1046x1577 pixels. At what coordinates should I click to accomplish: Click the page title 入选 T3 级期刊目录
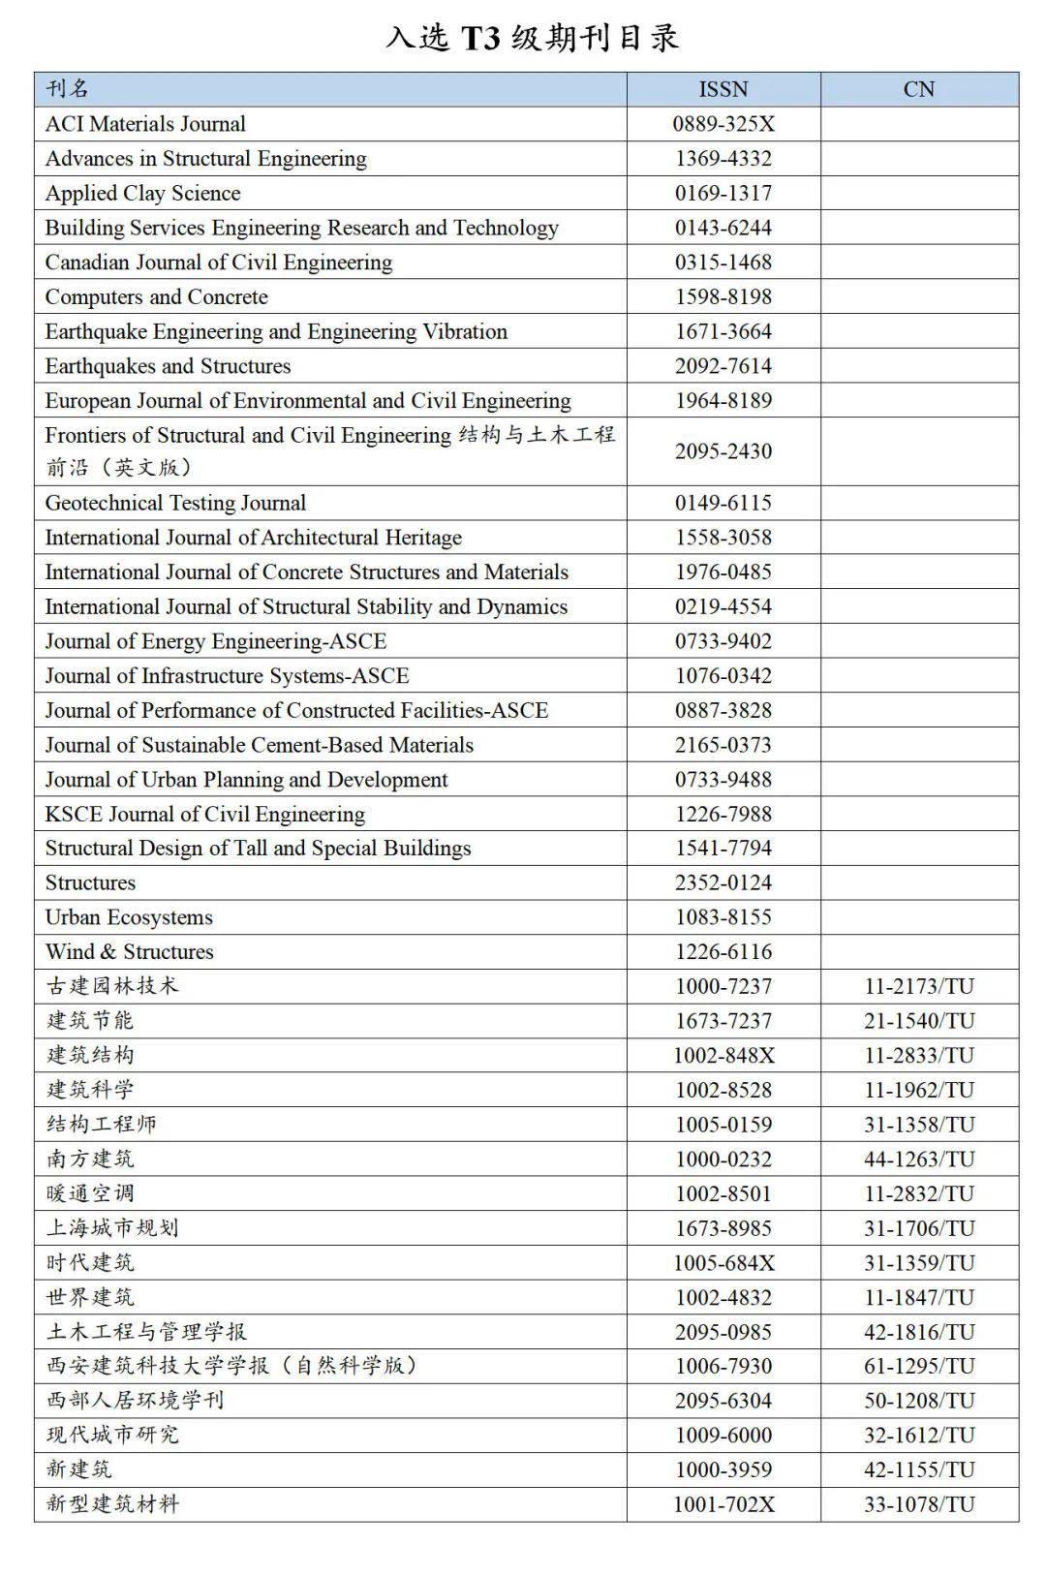pos(532,38)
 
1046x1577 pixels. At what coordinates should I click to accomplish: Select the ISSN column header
pos(723,89)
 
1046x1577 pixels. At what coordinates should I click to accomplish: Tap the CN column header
pos(918,89)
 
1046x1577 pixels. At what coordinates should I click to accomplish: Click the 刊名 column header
pos(67,89)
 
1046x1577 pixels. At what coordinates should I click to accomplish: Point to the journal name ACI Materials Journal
pos(145,124)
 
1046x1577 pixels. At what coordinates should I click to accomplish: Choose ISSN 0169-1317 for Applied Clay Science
pos(723,193)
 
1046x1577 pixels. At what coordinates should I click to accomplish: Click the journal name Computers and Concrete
pos(156,296)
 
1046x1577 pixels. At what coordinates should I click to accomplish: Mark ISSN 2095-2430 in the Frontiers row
pos(723,451)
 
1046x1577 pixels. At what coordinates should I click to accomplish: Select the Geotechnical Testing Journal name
pos(175,503)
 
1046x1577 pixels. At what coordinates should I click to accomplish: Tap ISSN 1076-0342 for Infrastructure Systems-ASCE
pos(723,675)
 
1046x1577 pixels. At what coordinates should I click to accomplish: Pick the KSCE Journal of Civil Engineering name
pos(204,814)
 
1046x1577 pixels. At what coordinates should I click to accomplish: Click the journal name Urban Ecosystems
pos(129,917)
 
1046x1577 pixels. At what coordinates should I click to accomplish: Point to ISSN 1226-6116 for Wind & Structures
pos(723,951)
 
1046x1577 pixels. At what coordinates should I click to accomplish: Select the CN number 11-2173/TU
pos(918,986)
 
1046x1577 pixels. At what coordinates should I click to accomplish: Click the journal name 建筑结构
pos(90,1055)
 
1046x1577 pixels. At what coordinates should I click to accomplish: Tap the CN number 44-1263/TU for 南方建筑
pos(918,1159)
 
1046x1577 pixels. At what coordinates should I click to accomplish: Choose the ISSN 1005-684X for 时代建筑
pos(723,1262)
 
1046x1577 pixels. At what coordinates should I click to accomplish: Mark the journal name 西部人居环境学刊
pos(135,1400)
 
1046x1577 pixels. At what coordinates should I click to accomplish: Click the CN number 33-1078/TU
pos(918,1503)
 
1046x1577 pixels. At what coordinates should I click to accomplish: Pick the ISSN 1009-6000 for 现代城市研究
pos(723,1435)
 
